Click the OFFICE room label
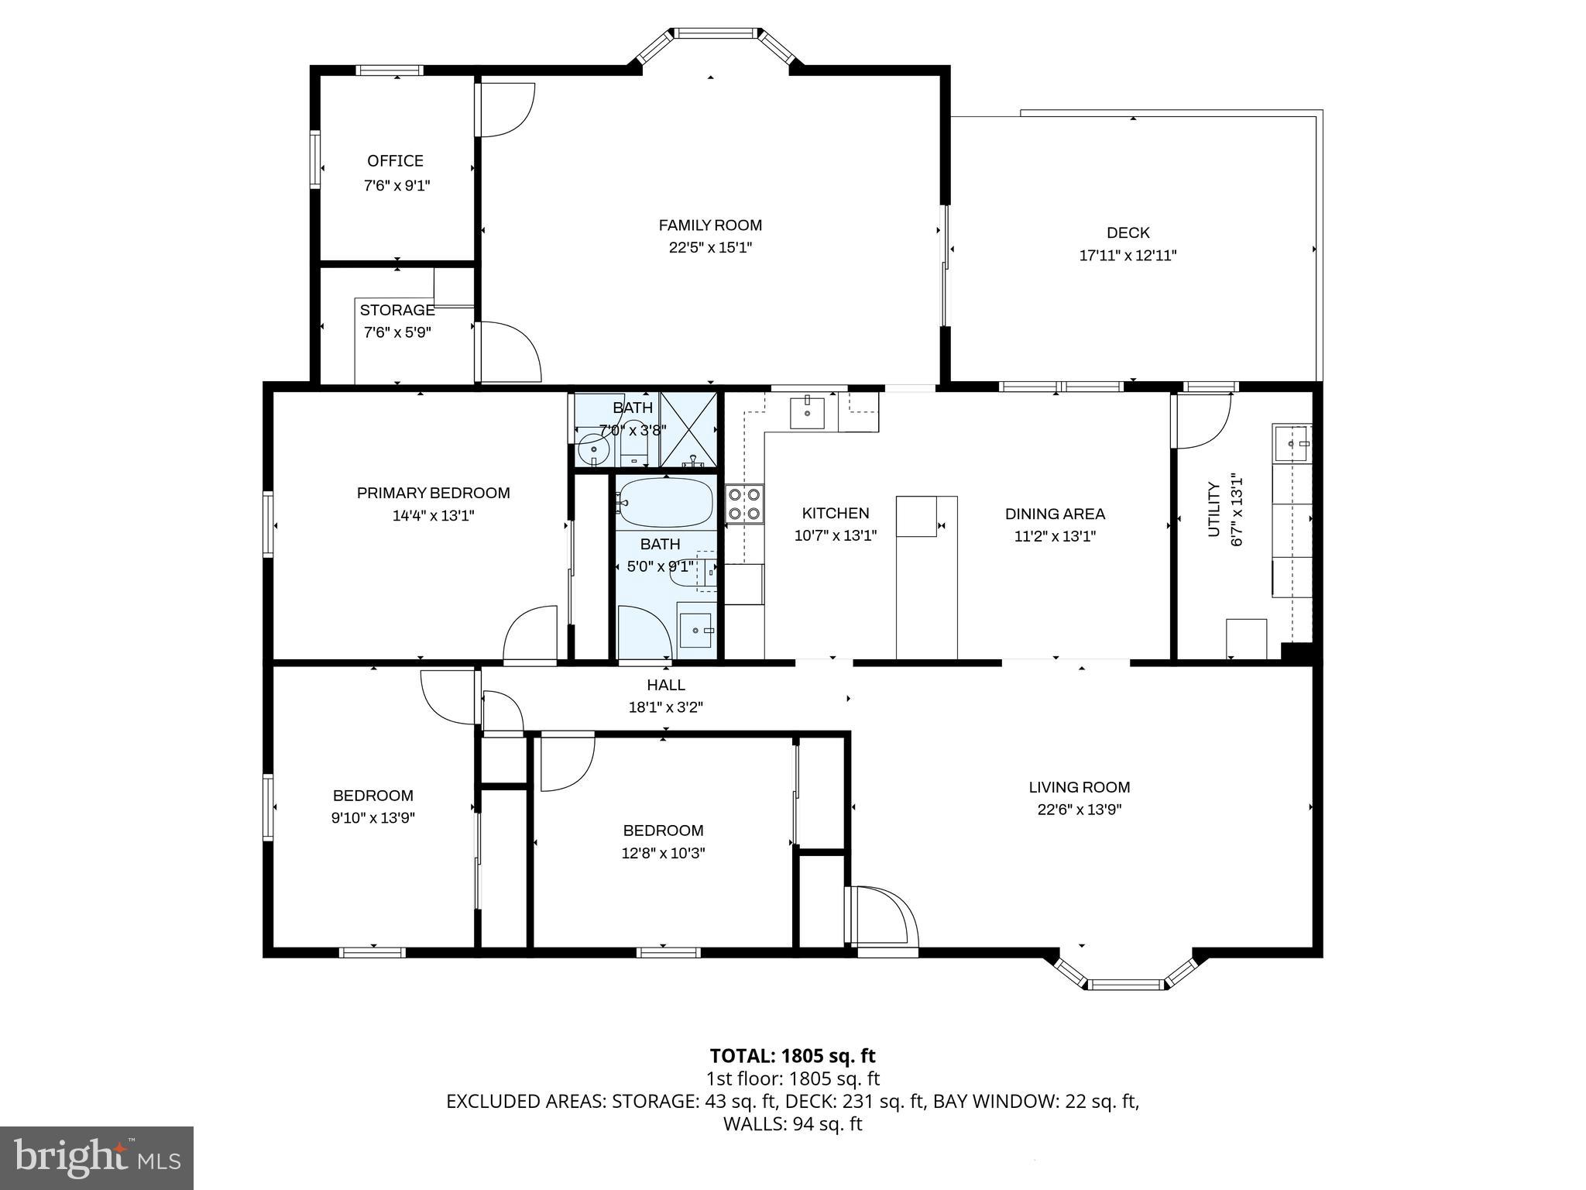(x=395, y=161)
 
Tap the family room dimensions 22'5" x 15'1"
(x=710, y=248)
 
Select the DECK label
(x=1128, y=232)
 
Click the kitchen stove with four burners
(x=744, y=504)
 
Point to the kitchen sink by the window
(x=808, y=411)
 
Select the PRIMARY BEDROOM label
(x=433, y=493)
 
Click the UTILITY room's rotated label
(x=1214, y=509)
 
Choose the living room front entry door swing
(x=883, y=916)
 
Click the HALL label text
(x=665, y=685)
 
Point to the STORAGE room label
(x=396, y=310)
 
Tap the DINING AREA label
(x=1054, y=514)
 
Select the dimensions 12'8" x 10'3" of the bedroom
(x=664, y=853)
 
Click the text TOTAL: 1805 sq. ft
(x=792, y=1056)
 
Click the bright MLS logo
(x=96, y=1157)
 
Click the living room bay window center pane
(x=1126, y=985)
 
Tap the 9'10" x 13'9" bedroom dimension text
(x=372, y=818)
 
